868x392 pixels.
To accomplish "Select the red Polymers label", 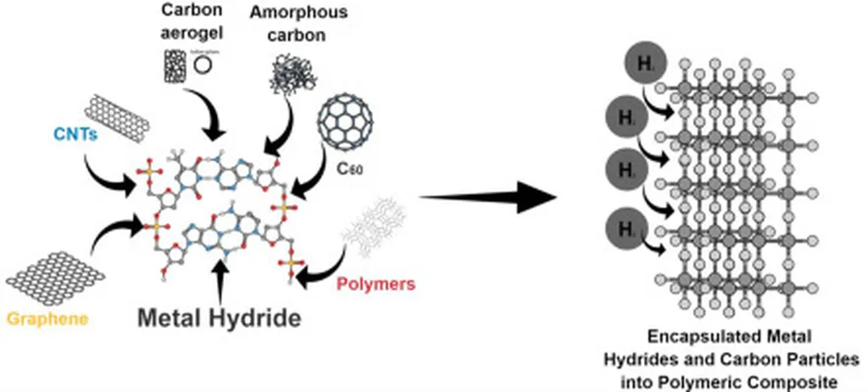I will click(376, 284).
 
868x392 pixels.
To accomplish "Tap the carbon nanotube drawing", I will click(122, 113).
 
